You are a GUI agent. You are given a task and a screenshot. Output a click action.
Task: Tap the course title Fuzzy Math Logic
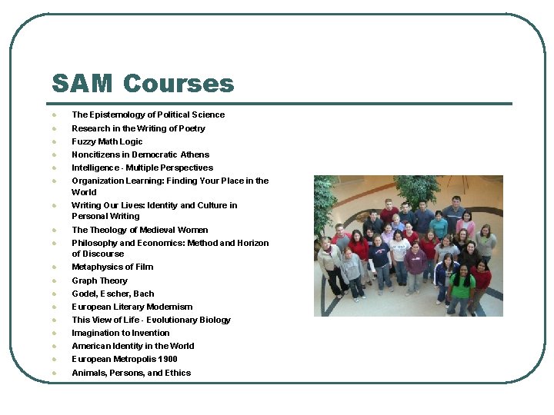pyautogui.click(x=107, y=141)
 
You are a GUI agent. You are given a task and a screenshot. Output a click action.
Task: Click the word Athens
pyautogui.click(x=195, y=154)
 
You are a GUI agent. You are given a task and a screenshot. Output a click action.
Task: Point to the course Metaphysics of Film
pyautogui.click(x=112, y=267)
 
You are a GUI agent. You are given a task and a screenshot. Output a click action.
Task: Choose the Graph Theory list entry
pyautogui.click(x=100, y=281)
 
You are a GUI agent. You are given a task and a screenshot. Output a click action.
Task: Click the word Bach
pyautogui.click(x=144, y=294)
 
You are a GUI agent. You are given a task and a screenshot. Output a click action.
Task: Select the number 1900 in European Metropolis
pyautogui.click(x=167, y=359)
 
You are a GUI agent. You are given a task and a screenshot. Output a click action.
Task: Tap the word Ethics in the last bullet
pyautogui.click(x=177, y=373)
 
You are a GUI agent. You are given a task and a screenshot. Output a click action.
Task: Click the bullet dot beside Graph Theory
pyautogui.click(x=54, y=281)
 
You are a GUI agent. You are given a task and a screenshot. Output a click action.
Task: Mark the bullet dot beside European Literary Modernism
pyautogui.click(x=54, y=307)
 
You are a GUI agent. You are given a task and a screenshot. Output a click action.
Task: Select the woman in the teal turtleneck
pyautogui.click(x=439, y=226)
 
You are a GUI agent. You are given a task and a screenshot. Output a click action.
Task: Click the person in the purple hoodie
pyautogui.click(x=415, y=261)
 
